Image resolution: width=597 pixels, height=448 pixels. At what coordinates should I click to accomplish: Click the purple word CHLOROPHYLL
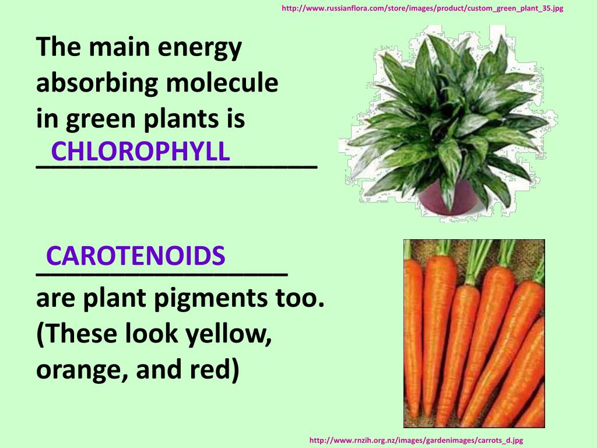tap(141, 152)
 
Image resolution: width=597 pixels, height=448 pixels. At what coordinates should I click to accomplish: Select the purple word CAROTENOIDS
tap(136, 256)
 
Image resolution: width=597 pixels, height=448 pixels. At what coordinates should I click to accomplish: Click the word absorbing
tap(97, 83)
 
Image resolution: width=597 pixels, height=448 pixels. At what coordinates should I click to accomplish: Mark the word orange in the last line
tap(78, 371)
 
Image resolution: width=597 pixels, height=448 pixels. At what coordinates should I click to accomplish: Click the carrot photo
tap(474, 333)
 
